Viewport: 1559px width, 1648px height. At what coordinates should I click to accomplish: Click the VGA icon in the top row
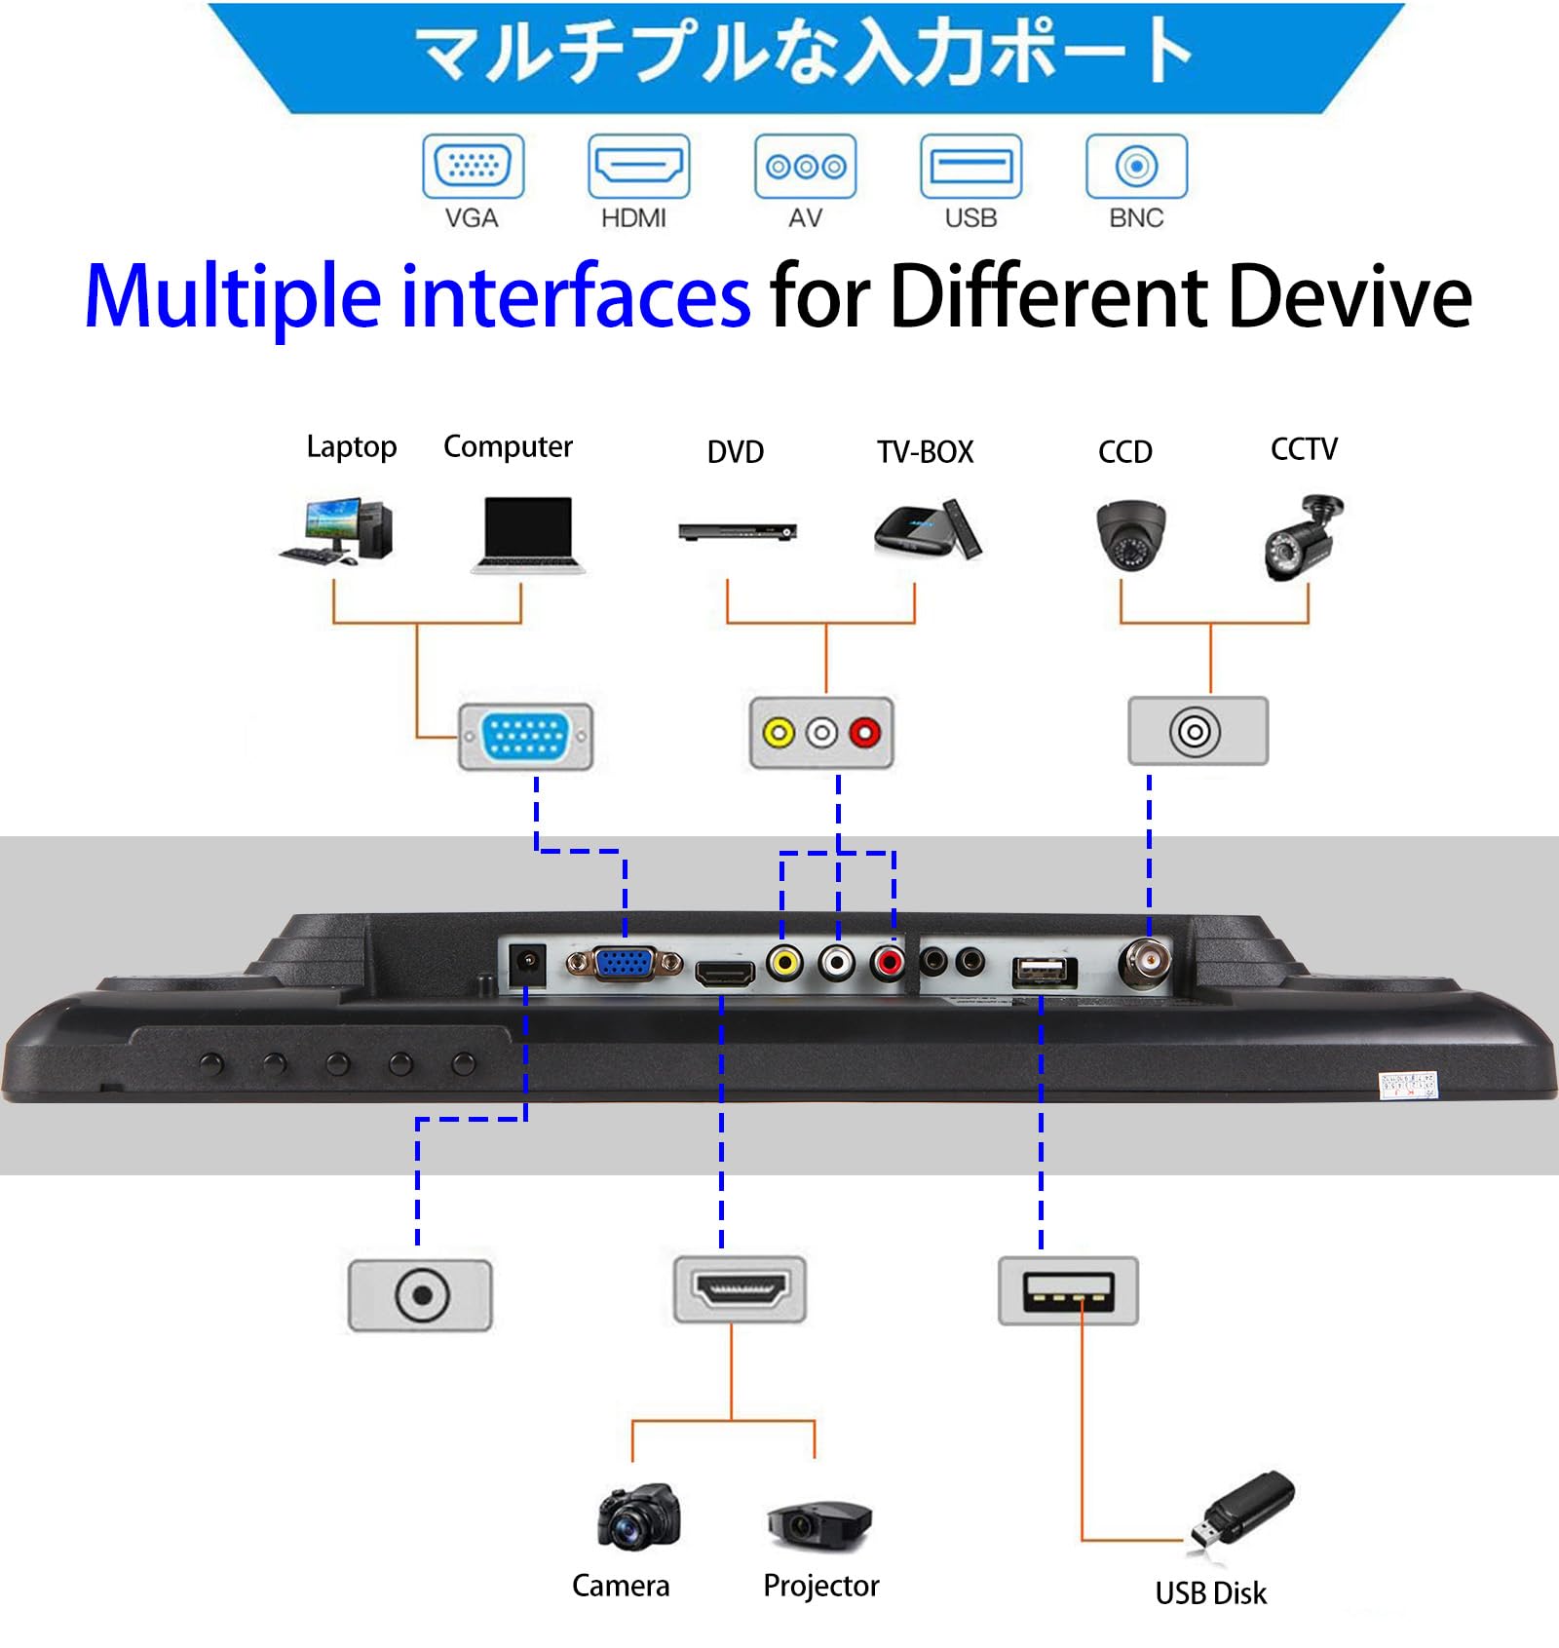click(473, 166)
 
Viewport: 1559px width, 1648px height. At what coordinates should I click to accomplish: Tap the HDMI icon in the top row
click(638, 166)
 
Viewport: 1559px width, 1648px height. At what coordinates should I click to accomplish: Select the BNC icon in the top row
click(1136, 166)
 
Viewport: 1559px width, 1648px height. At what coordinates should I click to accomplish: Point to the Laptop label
click(351, 446)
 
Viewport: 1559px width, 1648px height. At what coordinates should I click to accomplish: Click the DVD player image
click(738, 531)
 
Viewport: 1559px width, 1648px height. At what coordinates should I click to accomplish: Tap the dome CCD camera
click(1130, 534)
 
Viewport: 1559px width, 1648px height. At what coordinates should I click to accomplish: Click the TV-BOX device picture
click(927, 529)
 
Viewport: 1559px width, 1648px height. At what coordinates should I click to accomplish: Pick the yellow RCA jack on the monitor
click(783, 963)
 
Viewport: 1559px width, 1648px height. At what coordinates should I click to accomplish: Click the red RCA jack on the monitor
click(888, 963)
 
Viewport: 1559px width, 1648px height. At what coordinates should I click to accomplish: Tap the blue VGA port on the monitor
click(624, 964)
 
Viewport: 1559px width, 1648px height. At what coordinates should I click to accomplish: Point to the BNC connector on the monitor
click(1146, 963)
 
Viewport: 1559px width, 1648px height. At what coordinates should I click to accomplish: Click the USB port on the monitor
click(1044, 971)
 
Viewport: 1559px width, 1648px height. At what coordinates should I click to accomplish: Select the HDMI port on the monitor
click(724, 973)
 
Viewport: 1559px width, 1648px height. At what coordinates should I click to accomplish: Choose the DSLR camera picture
click(638, 1516)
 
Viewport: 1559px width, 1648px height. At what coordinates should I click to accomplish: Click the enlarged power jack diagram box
click(420, 1295)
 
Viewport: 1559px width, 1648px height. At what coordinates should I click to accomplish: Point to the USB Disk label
click(1210, 1593)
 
